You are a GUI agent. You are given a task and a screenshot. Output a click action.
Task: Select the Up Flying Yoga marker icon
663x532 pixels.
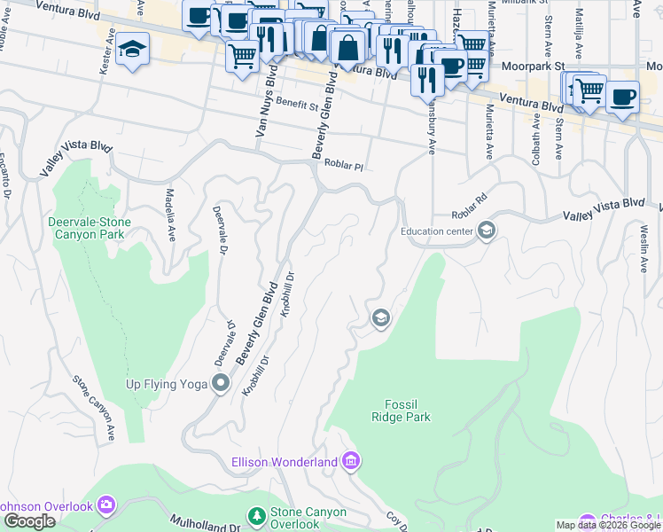221,384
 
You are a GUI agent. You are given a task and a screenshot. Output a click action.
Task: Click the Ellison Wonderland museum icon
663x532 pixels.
351,461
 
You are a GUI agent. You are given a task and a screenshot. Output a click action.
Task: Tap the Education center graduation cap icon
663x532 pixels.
486,231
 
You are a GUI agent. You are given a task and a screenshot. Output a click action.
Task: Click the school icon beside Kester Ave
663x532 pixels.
132,50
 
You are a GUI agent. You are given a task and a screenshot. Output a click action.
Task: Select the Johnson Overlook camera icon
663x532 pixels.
107,506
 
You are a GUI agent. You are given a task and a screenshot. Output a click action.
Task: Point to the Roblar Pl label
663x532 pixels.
344,165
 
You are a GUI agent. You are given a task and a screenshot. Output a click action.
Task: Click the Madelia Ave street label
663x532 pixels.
168,214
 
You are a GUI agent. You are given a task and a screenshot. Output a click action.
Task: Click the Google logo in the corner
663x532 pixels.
28,521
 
